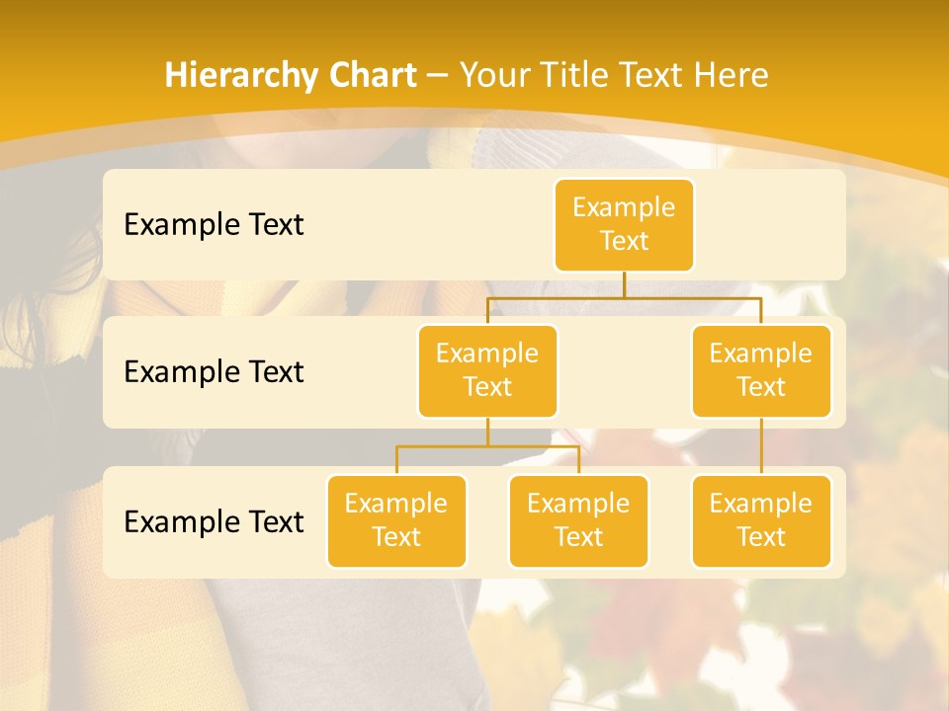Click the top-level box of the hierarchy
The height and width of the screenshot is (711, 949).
pos(624,224)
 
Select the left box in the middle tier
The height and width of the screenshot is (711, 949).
pos(487,370)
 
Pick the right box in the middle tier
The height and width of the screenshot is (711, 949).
pos(761,370)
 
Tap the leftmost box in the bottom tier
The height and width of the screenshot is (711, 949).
pos(396,520)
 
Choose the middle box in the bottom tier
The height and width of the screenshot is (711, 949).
pos(578,520)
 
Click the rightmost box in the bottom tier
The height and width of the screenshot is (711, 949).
pos(761,520)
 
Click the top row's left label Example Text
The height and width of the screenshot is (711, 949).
pos(214,224)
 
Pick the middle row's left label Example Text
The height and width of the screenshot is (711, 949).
pos(214,371)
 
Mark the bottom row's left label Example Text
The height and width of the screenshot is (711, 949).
pos(214,521)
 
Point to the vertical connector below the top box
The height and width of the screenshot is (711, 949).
pos(624,283)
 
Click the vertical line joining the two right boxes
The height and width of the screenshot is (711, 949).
pos(761,446)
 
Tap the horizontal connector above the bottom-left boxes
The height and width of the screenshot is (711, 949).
pos(487,446)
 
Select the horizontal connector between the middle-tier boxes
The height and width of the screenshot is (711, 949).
pos(624,295)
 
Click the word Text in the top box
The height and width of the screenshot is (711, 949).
pos(624,241)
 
